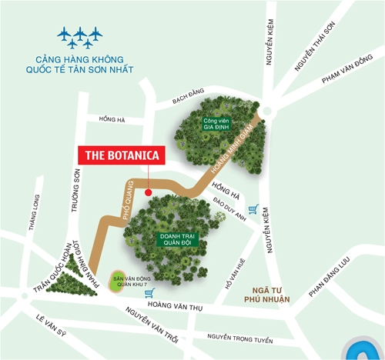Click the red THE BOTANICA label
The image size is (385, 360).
[x=122, y=155]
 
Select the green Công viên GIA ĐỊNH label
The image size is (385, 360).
[x=217, y=124]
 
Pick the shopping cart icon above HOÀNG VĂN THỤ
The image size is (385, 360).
[x=150, y=292]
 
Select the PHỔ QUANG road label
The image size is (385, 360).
[x=129, y=202]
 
